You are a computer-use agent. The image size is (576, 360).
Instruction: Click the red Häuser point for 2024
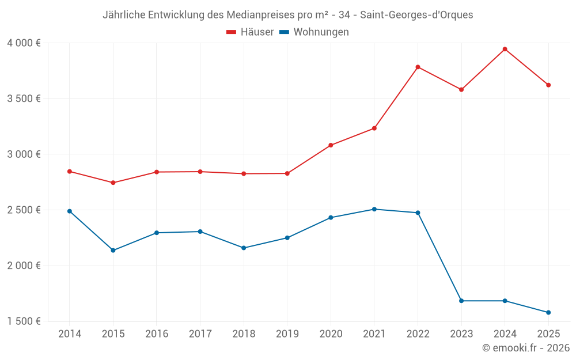pyautogui.click(x=505, y=49)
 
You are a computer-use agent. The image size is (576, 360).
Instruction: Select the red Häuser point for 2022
pyautogui.click(x=418, y=67)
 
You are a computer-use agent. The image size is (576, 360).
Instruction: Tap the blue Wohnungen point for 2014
pyautogui.click(x=70, y=211)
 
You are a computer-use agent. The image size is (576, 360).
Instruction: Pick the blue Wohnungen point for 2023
pyautogui.click(x=461, y=301)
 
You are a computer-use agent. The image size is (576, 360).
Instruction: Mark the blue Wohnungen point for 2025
pyautogui.click(x=548, y=312)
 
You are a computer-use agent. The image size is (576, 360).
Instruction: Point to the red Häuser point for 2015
pyautogui.click(x=113, y=183)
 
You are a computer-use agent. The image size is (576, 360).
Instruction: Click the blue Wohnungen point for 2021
pyautogui.click(x=374, y=209)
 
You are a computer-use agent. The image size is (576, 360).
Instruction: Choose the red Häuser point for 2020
pyautogui.click(x=331, y=145)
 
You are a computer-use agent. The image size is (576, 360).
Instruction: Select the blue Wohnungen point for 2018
pyautogui.click(x=244, y=248)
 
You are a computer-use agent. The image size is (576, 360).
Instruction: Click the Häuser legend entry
pyautogui.click(x=251, y=32)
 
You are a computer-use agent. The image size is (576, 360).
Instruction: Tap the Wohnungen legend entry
pyautogui.click(x=314, y=32)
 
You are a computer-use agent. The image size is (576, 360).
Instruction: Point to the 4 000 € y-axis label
pyautogui.click(x=24, y=43)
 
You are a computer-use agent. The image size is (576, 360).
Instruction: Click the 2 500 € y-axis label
pyautogui.click(x=24, y=210)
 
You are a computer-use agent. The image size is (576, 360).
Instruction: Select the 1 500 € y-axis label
pyautogui.click(x=24, y=321)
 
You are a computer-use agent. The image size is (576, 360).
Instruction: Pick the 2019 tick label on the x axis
pyautogui.click(x=287, y=334)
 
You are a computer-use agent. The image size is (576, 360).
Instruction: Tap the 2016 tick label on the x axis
pyautogui.click(x=157, y=334)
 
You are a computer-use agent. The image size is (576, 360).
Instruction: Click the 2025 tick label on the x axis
pyautogui.click(x=548, y=334)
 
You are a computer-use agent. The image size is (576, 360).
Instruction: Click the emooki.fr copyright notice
pyautogui.click(x=525, y=348)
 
